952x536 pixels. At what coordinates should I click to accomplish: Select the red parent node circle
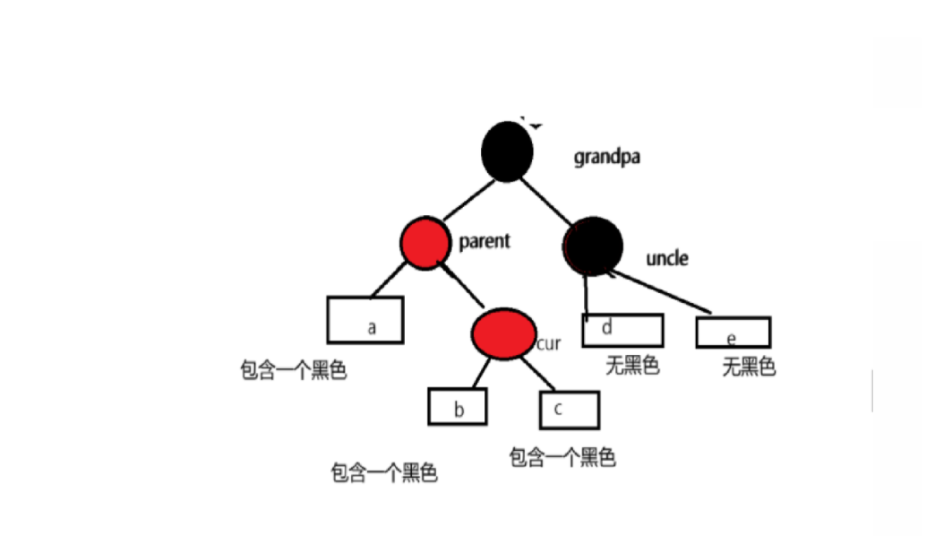tap(425, 242)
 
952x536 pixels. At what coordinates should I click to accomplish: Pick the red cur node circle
tap(503, 333)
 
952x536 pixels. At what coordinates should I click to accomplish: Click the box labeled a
tap(365, 320)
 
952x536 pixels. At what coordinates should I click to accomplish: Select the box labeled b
tap(458, 407)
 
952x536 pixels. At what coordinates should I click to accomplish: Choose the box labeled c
tap(569, 409)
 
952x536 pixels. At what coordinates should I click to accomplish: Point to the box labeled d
tap(622, 330)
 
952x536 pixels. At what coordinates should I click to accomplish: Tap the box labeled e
tap(733, 332)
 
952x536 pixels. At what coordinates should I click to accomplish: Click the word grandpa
tap(607, 158)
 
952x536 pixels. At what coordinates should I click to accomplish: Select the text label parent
tap(484, 241)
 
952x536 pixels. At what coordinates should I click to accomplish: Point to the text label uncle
tap(666, 259)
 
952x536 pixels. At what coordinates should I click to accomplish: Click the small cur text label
tap(548, 343)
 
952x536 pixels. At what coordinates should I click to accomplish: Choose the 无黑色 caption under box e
tap(748, 367)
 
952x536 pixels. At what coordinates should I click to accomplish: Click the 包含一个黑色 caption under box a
tap(293, 371)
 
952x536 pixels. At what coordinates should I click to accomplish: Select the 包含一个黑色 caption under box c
tap(562, 458)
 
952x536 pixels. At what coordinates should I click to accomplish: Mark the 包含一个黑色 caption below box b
tap(384, 473)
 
